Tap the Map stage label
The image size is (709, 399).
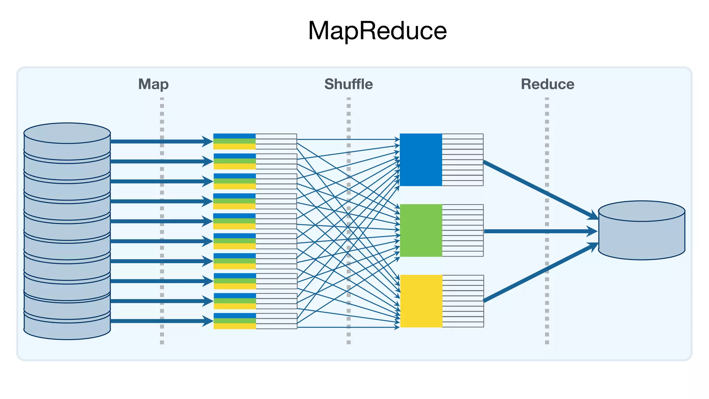pos(153,84)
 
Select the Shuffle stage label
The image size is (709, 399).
pos(348,84)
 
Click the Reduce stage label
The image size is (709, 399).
pos(547,84)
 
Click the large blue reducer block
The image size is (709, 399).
pos(421,160)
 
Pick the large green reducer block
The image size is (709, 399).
pos(421,230)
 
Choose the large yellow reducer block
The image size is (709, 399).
pos(421,301)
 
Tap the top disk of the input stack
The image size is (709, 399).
pos(67,139)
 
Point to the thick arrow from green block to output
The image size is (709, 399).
pos(537,231)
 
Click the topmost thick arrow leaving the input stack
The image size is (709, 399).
pos(156,141)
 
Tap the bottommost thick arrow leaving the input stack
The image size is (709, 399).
pos(156,321)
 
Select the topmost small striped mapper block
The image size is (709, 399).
pos(234,141)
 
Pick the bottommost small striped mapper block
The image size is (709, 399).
pos(235,321)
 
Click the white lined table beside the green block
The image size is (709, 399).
pos(463,230)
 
